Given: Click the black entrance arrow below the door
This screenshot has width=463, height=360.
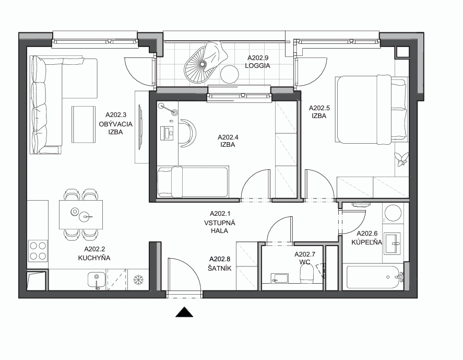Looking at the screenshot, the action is click(x=184, y=312).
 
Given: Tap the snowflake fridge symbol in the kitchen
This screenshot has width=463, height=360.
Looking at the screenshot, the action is click(x=138, y=280).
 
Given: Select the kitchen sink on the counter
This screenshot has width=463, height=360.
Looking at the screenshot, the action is click(x=96, y=280).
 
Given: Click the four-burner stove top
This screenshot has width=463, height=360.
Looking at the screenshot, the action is click(x=38, y=251).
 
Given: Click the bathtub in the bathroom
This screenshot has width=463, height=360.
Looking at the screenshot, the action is click(x=374, y=277).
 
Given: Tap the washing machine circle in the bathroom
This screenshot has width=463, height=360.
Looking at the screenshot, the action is click(x=393, y=213).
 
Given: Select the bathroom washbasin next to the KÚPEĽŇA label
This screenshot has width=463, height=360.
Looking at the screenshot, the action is click(x=393, y=243).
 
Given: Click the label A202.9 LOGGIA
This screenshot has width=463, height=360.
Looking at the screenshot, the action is click(x=258, y=62).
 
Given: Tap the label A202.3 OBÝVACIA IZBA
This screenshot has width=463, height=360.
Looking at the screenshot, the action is click(x=116, y=123).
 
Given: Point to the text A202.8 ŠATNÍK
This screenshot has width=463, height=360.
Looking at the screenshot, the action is click(x=219, y=264).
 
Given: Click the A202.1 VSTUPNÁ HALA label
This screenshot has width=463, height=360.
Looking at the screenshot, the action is click(x=220, y=222).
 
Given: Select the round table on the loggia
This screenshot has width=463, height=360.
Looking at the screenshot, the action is click(x=230, y=74).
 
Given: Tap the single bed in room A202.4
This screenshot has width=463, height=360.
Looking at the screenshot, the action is click(x=193, y=182).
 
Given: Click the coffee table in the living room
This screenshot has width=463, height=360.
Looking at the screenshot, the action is click(x=84, y=125).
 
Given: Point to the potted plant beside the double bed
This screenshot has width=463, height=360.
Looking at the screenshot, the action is click(x=402, y=159).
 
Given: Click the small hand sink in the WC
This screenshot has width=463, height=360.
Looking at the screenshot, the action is click(x=279, y=278).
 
